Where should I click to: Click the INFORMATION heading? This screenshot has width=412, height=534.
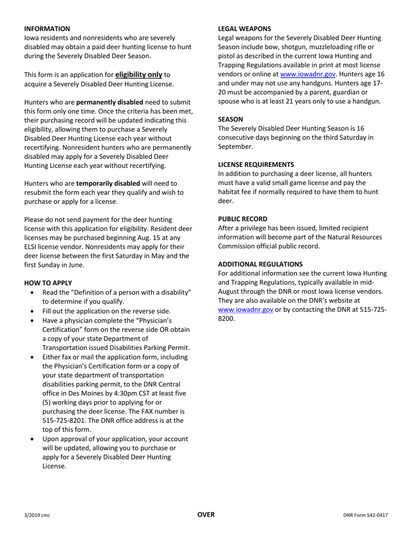tap(47, 29)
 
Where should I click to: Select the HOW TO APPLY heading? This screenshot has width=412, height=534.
tap(48, 283)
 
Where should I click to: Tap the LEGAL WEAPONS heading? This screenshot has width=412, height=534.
tap(244, 29)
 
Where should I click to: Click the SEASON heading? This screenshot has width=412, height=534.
tap(230, 119)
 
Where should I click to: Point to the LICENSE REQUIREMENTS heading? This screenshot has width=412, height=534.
tap(255, 164)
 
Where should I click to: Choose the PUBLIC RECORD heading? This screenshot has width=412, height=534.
tap(242, 219)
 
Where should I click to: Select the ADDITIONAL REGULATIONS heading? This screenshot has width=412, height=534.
tap(260, 264)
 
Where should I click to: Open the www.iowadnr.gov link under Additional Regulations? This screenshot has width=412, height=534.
tap(245, 310)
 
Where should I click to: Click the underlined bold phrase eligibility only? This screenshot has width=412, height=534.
tap(138, 75)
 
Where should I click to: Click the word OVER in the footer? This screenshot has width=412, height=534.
tap(206, 514)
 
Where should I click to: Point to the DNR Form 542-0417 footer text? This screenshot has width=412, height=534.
tap(365, 515)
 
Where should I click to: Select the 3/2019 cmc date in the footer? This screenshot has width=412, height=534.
tap(37, 515)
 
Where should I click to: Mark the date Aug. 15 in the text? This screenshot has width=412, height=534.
tap(170, 237)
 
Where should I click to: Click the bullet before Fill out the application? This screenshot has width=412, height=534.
tap(33, 311)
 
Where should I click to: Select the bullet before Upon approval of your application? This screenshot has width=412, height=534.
tap(33, 439)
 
